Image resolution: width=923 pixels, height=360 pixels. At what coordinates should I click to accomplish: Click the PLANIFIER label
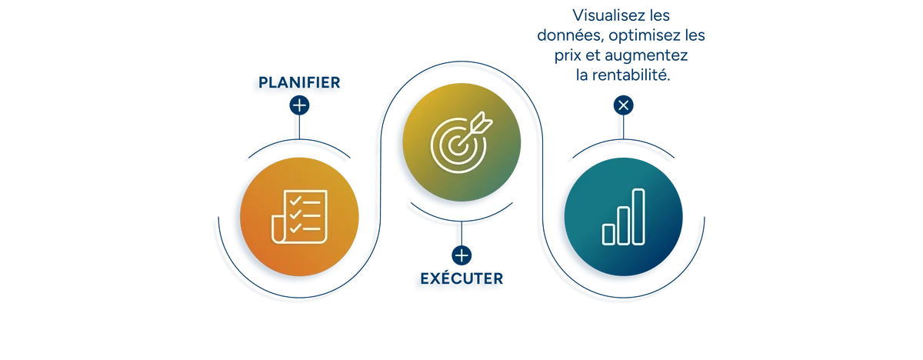pyautogui.click(x=299, y=82)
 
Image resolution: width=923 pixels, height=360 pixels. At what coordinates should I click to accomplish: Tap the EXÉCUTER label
pyautogui.click(x=461, y=278)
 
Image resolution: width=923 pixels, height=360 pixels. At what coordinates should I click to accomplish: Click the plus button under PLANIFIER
pyautogui.click(x=299, y=105)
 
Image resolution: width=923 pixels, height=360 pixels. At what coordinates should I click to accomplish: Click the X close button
pyautogui.click(x=624, y=105)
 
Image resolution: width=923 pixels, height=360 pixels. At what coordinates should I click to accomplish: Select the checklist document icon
pyautogui.click(x=299, y=217)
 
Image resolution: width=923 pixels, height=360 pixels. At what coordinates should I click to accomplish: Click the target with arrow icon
pyautogui.click(x=461, y=142)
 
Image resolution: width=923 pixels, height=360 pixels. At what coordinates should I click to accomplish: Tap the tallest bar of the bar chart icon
pyautogui.click(x=638, y=217)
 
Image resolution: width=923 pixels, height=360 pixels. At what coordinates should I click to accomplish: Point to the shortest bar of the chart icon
pyautogui.click(x=608, y=235)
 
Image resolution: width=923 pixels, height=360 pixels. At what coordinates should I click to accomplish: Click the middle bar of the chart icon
pyautogui.click(x=624, y=225)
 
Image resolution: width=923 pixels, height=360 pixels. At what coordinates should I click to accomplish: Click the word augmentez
pyautogui.click(x=646, y=55)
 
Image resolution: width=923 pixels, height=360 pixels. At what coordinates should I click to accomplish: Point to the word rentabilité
pyautogui.click(x=631, y=75)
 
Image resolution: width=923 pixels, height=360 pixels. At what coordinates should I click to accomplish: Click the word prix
pyautogui.click(x=568, y=56)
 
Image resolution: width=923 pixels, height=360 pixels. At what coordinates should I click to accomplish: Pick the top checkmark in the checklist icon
pyautogui.click(x=295, y=201)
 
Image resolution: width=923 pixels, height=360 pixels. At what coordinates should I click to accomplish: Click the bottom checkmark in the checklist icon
pyautogui.click(x=295, y=228)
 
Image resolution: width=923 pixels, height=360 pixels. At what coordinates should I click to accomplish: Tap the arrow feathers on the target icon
pyautogui.click(x=483, y=121)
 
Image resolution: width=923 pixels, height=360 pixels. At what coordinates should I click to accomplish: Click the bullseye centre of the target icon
pyautogui.click(x=456, y=145)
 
